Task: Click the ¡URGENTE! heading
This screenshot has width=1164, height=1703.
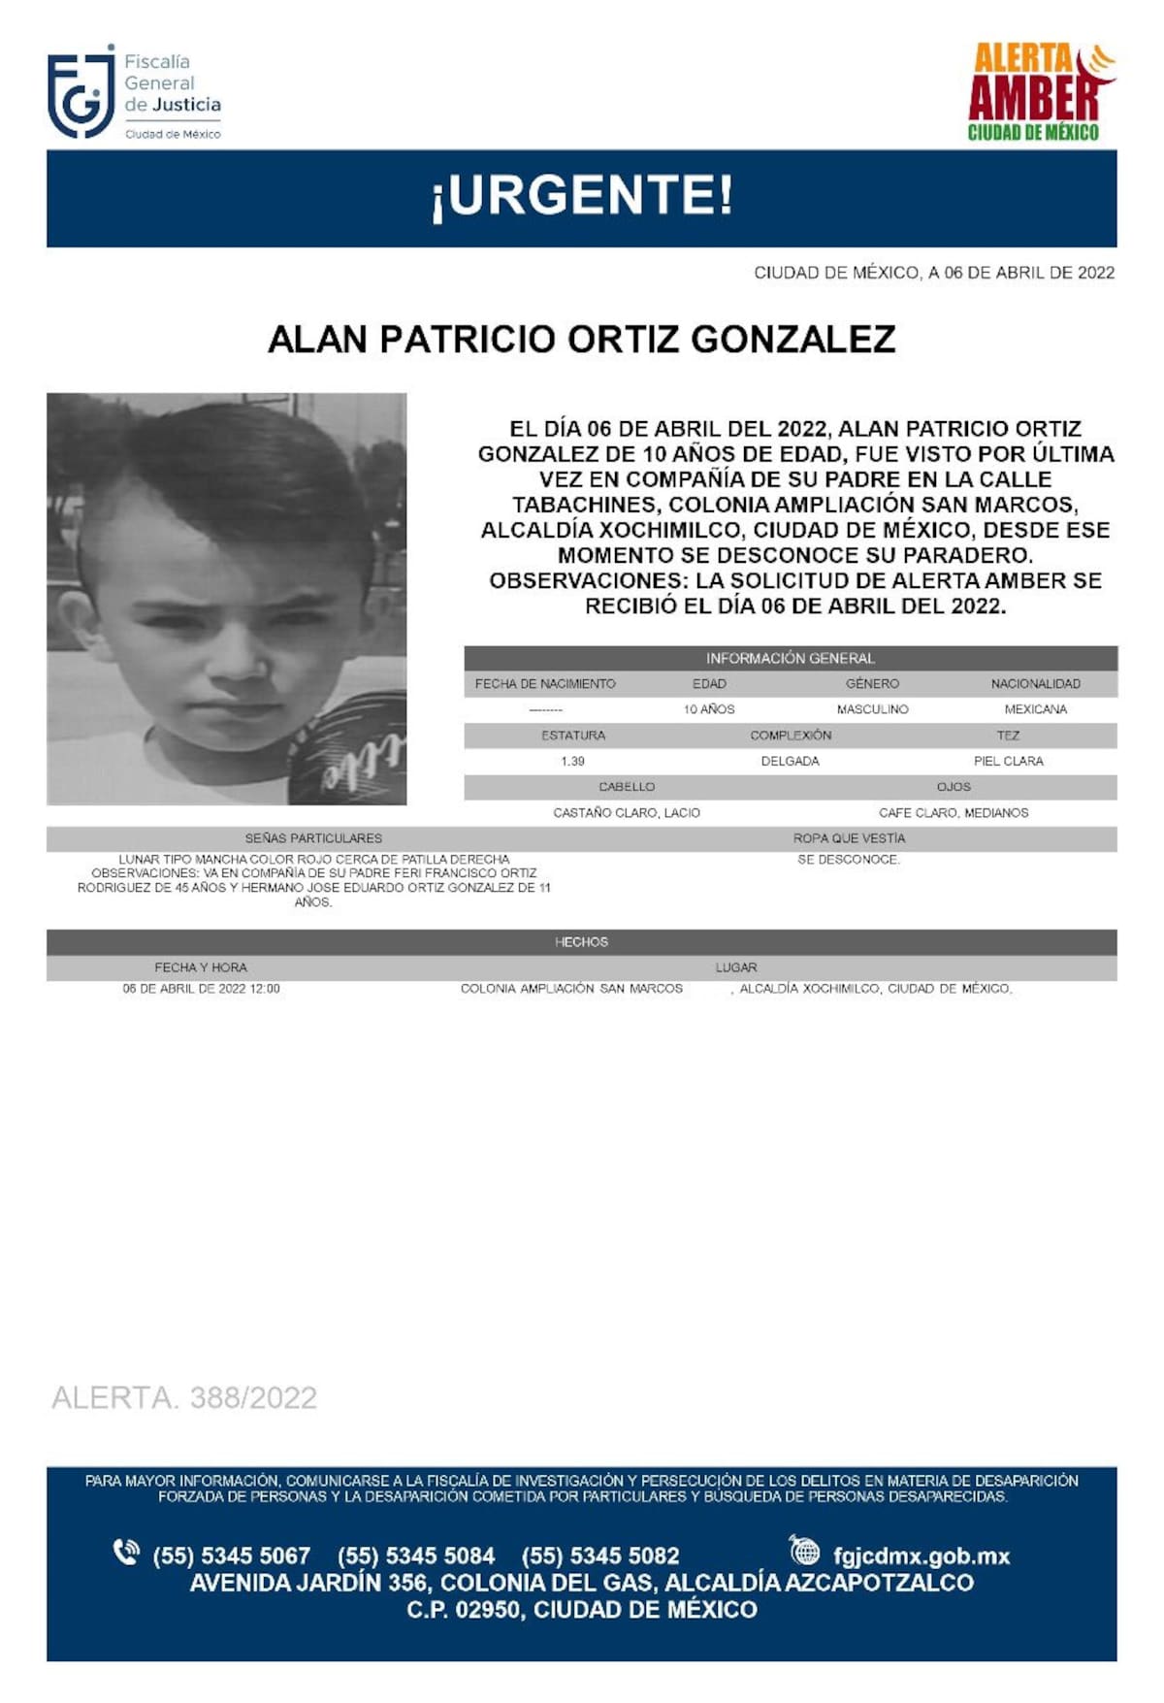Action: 582,196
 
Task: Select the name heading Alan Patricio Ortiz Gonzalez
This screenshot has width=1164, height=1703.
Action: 581,340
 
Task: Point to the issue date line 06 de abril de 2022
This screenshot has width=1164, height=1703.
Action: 934,274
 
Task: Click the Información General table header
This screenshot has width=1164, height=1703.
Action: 790,658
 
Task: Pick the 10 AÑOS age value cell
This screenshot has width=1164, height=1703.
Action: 709,709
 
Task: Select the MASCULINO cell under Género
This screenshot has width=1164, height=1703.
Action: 872,709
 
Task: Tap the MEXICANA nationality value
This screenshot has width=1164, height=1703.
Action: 1035,709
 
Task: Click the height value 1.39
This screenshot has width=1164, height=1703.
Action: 572,761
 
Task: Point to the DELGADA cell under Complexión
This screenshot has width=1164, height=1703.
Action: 790,761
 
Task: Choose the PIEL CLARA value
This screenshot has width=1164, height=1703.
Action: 1008,761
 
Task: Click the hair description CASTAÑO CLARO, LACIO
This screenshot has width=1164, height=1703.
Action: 627,812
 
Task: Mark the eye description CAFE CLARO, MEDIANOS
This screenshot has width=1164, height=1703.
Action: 953,812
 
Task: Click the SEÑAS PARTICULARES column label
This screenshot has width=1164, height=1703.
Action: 313,838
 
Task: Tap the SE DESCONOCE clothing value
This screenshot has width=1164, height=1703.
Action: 849,860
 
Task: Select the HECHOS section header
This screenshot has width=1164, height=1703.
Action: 581,942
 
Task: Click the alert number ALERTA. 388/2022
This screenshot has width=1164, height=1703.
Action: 184,1397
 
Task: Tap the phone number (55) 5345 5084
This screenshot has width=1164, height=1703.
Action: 416,1556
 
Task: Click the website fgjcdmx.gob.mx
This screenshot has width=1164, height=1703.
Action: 921,1556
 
